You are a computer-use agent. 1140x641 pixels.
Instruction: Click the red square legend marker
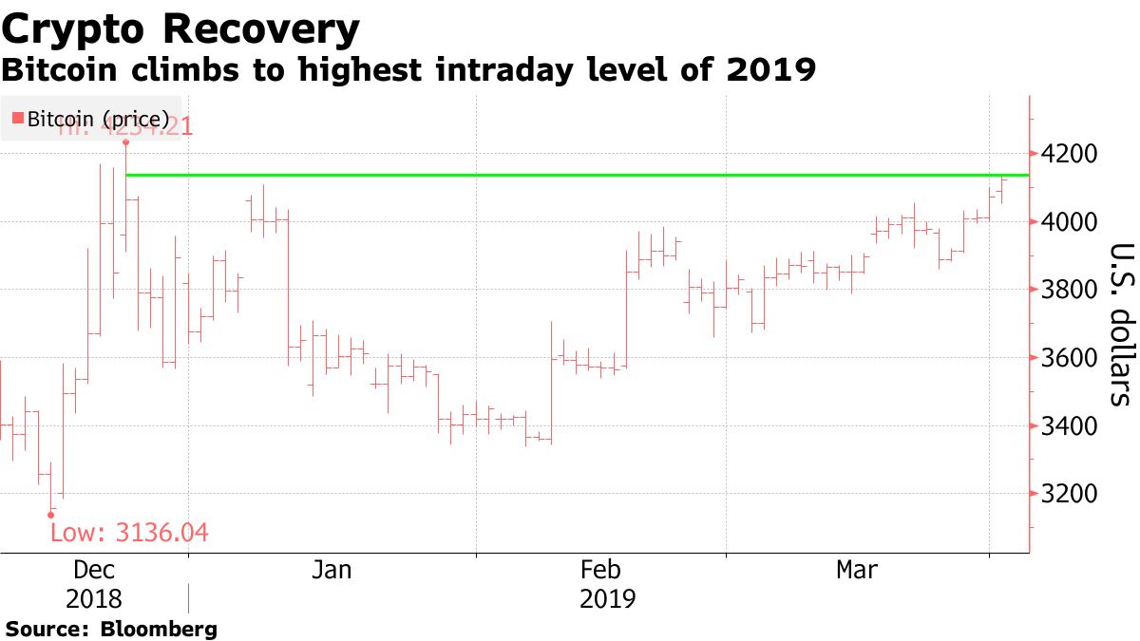(16, 119)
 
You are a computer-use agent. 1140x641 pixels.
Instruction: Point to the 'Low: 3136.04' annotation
(128, 533)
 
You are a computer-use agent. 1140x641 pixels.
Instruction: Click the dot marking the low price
(51, 515)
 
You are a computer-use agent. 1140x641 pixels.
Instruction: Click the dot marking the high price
(125, 142)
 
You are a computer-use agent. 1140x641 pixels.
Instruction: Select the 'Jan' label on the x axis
(332, 570)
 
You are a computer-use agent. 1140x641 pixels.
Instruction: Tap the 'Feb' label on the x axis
(600, 570)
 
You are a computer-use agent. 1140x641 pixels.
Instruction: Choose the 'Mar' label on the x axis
(857, 570)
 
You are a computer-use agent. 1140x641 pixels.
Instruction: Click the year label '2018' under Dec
(94, 600)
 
